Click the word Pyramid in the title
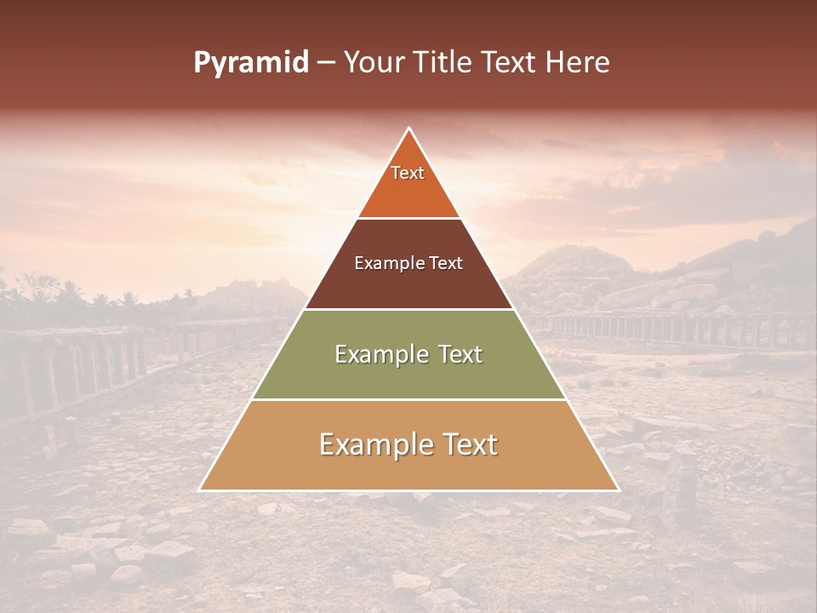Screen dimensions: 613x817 coord(251,63)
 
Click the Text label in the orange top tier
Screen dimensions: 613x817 coord(408,173)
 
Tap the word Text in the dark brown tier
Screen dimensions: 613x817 coord(447,264)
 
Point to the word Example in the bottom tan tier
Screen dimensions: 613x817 coord(374,445)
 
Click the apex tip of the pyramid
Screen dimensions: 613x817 coord(408,129)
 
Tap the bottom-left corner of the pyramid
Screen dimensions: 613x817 coord(201,490)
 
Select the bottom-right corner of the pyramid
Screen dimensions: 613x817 coord(617,490)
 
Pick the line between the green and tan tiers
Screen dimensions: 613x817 coord(408,400)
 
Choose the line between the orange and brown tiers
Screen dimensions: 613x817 coord(408,218)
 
